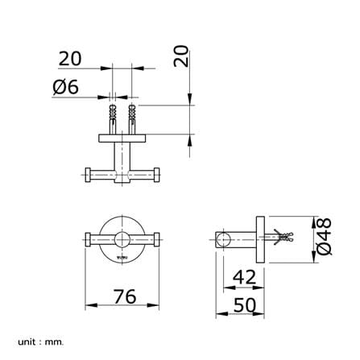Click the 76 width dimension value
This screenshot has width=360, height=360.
pyautogui.click(x=125, y=296)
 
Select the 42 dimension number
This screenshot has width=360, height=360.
pyautogui.click(x=244, y=277)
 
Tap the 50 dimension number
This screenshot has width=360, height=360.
pyautogui.click(x=245, y=305)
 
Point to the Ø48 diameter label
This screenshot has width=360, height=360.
pyautogui.click(x=324, y=237)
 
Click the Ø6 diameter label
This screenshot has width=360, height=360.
pyautogui.click(x=66, y=87)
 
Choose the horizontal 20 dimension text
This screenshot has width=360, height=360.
pyautogui.click(x=70, y=59)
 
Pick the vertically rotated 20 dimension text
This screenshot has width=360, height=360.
pyautogui.click(x=181, y=56)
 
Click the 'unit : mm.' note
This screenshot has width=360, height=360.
pyautogui.click(x=41, y=342)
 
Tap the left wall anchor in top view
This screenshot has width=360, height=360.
pyautogui.click(x=113, y=119)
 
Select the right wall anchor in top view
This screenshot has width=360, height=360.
pyautogui.click(x=131, y=119)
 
